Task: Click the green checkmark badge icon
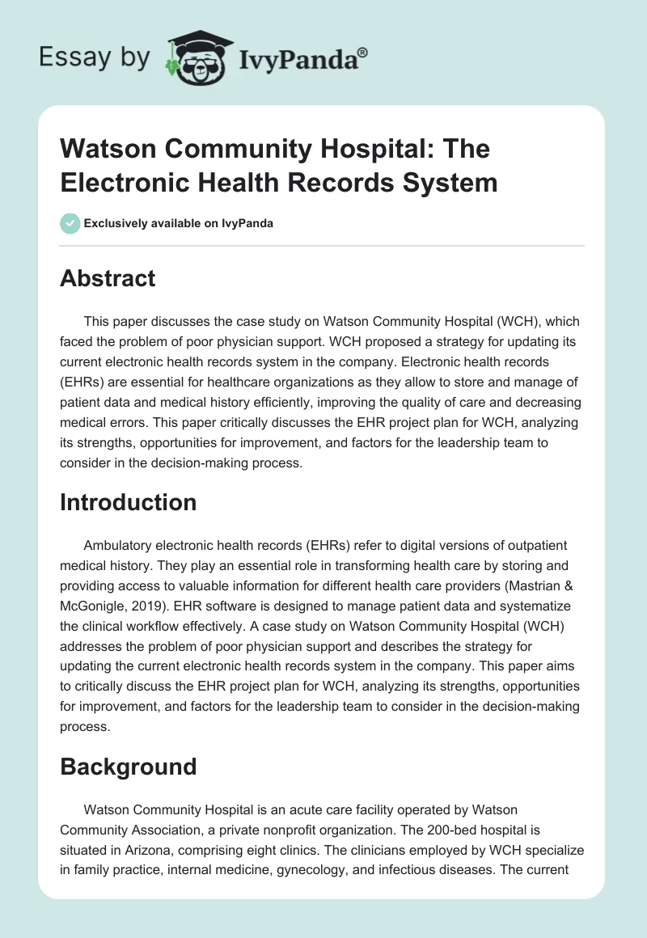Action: point(70,223)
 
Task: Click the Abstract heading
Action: point(108,279)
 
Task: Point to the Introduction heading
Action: point(129,502)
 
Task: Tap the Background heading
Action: point(129,767)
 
